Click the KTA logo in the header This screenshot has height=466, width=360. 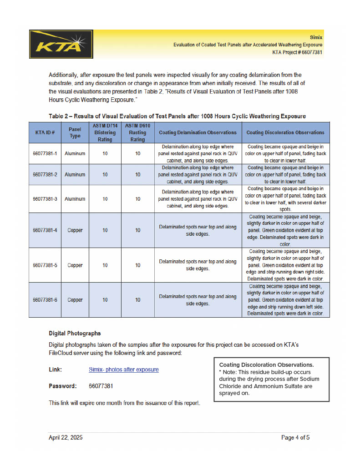pyautogui.click(x=61, y=44)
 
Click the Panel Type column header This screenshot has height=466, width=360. pyautogui.click(x=75, y=132)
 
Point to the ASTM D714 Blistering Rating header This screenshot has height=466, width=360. pyautogui.click(x=105, y=132)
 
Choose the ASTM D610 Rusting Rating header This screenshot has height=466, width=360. pyautogui.click(x=137, y=132)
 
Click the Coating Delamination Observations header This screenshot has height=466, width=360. pyautogui.click(x=198, y=132)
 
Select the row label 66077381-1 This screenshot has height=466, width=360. pyautogui.click(x=45, y=154)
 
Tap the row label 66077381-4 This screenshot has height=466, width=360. pyautogui.click(x=45, y=230)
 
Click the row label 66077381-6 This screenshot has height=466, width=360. pyautogui.click(x=45, y=300)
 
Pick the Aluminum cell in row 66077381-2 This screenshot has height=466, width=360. pyautogui.click(x=75, y=175)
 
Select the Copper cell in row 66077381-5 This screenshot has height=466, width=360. pyautogui.click(x=75, y=265)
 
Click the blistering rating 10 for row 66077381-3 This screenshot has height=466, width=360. pyautogui.click(x=105, y=199)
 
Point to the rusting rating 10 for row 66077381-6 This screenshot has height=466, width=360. pyautogui.click(x=137, y=300)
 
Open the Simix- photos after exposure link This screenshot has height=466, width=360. pyautogui.click(x=123, y=370)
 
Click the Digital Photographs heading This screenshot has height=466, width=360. pyautogui.click(x=75, y=333)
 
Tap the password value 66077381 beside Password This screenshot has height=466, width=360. pyautogui.click(x=101, y=386)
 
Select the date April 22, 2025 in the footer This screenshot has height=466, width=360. pyautogui.click(x=66, y=438)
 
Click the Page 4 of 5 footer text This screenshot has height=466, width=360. pyautogui.click(x=295, y=438)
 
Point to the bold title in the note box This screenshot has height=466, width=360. pyautogui.click(x=266, y=365)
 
